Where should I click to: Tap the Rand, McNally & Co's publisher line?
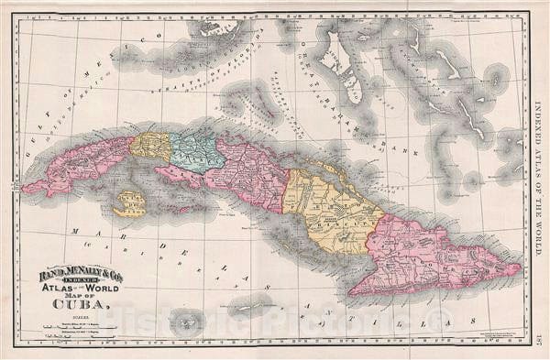[x=78, y=273]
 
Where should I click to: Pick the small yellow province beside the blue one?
[x=150, y=146]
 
